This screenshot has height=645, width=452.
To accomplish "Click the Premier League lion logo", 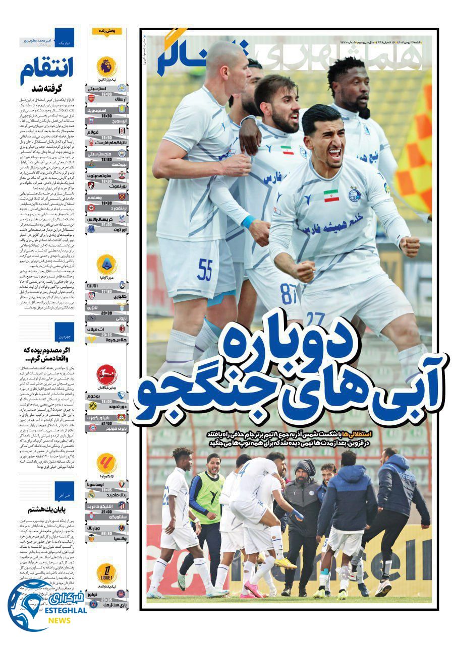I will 107,66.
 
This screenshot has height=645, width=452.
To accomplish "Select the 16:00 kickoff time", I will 106,94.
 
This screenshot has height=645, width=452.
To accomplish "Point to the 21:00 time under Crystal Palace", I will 106,225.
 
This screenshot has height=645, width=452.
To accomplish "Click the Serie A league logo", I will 107,264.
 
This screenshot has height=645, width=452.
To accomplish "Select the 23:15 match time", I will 106,334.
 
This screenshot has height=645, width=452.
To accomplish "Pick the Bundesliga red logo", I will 107,374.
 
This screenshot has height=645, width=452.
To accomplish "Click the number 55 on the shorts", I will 205,270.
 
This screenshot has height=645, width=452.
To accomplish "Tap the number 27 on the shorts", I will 315,318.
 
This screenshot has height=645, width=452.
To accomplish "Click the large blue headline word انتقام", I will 46,72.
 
